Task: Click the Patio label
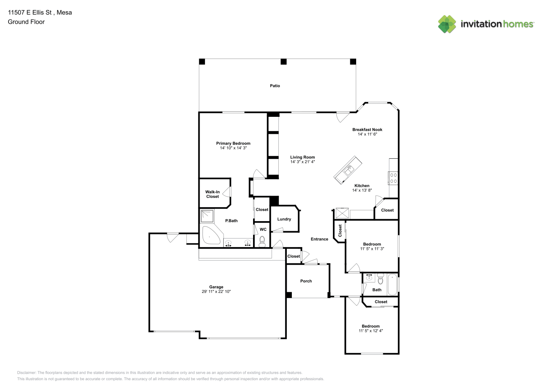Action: click(x=275, y=86)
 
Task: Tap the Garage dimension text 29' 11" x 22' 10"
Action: click(x=216, y=291)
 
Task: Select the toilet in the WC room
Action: click(x=262, y=241)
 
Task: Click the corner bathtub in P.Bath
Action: click(x=211, y=236)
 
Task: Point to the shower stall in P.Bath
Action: click(x=207, y=216)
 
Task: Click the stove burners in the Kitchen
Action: click(x=393, y=178)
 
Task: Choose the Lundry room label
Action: click(x=284, y=219)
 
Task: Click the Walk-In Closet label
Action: click(x=212, y=194)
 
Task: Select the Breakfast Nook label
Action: click(x=367, y=130)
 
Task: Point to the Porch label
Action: click(x=306, y=281)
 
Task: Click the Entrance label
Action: click(x=319, y=239)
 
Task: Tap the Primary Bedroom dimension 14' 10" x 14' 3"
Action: click(x=233, y=148)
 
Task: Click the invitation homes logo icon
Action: click(x=447, y=24)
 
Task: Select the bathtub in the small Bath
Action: click(x=393, y=284)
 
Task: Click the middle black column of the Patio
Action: click(x=284, y=61)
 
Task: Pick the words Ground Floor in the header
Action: click(x=26, y=22)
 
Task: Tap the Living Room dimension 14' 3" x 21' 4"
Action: click(x=302, y=162)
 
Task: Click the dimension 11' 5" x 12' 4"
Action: click(x=371, y=331)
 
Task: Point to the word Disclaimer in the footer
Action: click(x=26, y=372)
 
